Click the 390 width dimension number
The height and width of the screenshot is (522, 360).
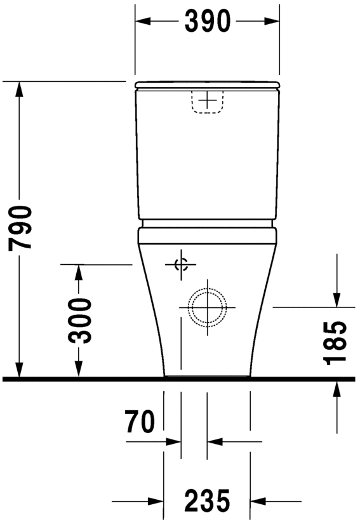pyautogui.click(x=207, y=22)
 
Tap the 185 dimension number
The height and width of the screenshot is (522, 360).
pyautogui.click(x=335, y=344)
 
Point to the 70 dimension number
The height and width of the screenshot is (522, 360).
pyautogui.click(x=140, y=422)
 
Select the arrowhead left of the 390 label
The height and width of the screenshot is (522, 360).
pyautogui.click(x=143, y=22)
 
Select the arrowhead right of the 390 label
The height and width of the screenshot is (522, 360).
pyautogui.click(x=271, y=22)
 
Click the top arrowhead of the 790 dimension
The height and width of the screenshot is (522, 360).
pyautogui.click(x=20, y=90)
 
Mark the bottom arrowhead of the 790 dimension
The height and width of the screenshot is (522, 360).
pyautogui.click(x=20, y=370)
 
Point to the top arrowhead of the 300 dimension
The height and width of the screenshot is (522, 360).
pyautogui.click(x=79, y=272)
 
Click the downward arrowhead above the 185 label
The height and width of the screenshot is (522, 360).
pyautogui.click(x=337, y=298)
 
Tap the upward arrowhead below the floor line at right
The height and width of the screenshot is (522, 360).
pyautogui.click(x=337, y=389)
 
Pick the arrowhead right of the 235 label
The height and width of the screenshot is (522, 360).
pyautogui.click(x=258, y=501)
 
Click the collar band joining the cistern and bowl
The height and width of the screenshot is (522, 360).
pyautogui.click(x=207, y=224)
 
